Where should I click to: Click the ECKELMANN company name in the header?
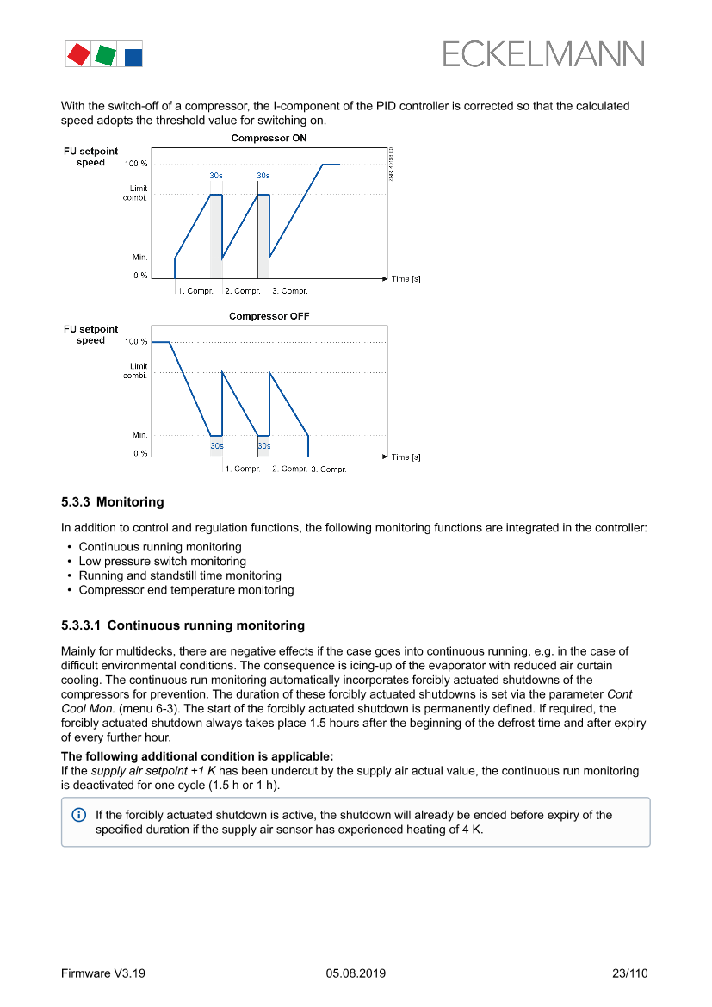pos(543,54)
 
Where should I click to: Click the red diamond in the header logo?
pos(78,54)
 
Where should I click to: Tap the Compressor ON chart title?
pos(269,138)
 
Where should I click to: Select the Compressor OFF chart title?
pos(269,316)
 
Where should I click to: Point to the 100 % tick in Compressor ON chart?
pos(136,164)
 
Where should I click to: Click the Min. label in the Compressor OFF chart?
pos(139,435)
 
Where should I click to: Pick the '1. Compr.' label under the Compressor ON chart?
pos(195,291)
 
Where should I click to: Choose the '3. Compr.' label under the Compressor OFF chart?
pos(328,469)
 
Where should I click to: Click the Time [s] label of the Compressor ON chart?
pos(406,279)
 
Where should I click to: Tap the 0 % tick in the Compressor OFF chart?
pos(139,453)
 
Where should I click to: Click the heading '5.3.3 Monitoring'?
pos(112,501)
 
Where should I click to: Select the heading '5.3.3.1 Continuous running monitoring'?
pos(183,625)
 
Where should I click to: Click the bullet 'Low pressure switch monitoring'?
pos(162,562)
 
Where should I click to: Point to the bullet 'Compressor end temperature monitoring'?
pos(186,590)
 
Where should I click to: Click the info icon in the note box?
pos(79,815)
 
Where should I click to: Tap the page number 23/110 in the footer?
pos(629,973)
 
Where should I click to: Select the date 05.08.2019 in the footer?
pos(356,973)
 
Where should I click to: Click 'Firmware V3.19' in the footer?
pos(102,973)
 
